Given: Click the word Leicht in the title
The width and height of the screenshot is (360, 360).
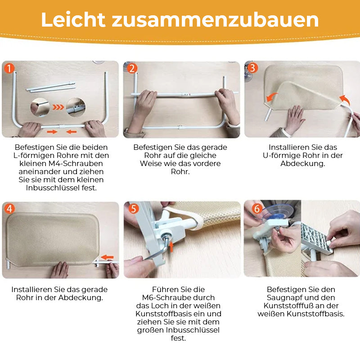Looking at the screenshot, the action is click(x=73, y=19).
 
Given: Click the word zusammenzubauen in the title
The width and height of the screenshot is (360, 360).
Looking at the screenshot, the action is click(x=215, y=20).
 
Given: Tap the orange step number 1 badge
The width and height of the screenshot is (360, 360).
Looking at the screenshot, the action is click(x=9, y=68).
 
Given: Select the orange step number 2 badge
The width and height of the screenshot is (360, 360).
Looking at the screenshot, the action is click(x=132, y=68).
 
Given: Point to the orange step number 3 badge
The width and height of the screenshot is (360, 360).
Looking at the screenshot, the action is click(x=252, y=68).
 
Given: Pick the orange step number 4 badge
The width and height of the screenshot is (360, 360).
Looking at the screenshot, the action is click(x=9, y=209).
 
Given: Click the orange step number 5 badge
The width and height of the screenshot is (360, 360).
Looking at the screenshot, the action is click(x=133, y=208).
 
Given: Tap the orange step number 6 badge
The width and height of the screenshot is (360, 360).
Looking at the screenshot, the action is click(x=256, y=208).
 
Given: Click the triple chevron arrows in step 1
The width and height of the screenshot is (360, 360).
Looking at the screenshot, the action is click(x=58, y=107).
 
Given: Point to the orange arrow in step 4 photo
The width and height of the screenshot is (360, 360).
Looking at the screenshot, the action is click(x=107, y=257).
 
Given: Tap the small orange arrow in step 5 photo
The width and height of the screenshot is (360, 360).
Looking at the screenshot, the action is click(x=171, y=247).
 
